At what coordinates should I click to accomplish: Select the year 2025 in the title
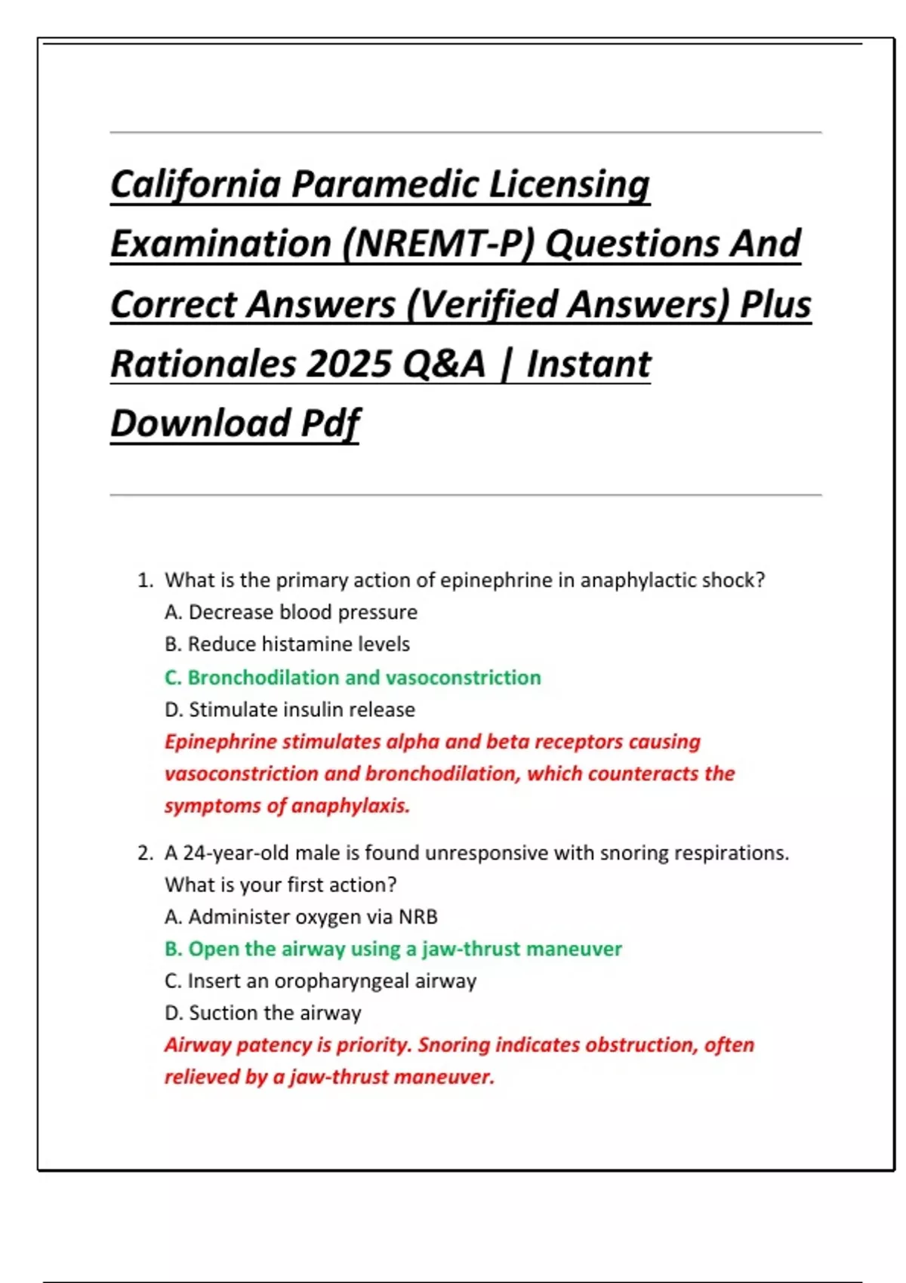coord(350,364)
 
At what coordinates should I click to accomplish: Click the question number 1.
coord(144,580)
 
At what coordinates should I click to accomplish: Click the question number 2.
coord(144,854)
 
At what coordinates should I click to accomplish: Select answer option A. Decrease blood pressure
coord(291,612)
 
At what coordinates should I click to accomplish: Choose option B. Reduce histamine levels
coord(287,645)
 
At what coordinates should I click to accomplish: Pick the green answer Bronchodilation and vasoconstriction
coord(353,678)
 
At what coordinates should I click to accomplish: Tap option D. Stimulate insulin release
coord(290,710)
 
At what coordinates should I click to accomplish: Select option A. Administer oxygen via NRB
coord(301,917)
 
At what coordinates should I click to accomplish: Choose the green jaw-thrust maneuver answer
coord(393,949)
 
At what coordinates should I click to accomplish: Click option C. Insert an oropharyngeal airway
coord(320,981)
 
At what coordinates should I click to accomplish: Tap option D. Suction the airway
coord(263,1013)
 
